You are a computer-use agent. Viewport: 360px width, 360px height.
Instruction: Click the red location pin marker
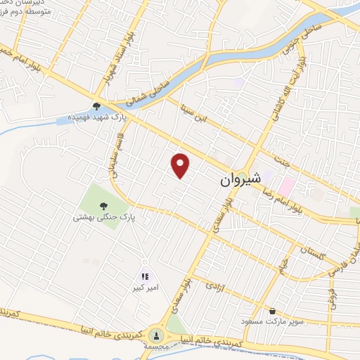pyautogui.click(x=181, y=165)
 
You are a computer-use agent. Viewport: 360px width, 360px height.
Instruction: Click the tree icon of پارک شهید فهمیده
pyautogui.click(x=96, y=105)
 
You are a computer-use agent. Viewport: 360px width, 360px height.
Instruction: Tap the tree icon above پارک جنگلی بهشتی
pyautogui.click(x=104, y=205)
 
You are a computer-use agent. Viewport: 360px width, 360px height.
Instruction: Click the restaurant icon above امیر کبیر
pyautogui.click(x=145, y=277)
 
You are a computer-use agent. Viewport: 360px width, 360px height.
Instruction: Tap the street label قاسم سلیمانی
pyautogui.click(x=112, y=164)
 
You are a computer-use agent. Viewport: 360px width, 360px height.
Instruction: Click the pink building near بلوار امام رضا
pyautogui.click(x=286, y=186)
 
